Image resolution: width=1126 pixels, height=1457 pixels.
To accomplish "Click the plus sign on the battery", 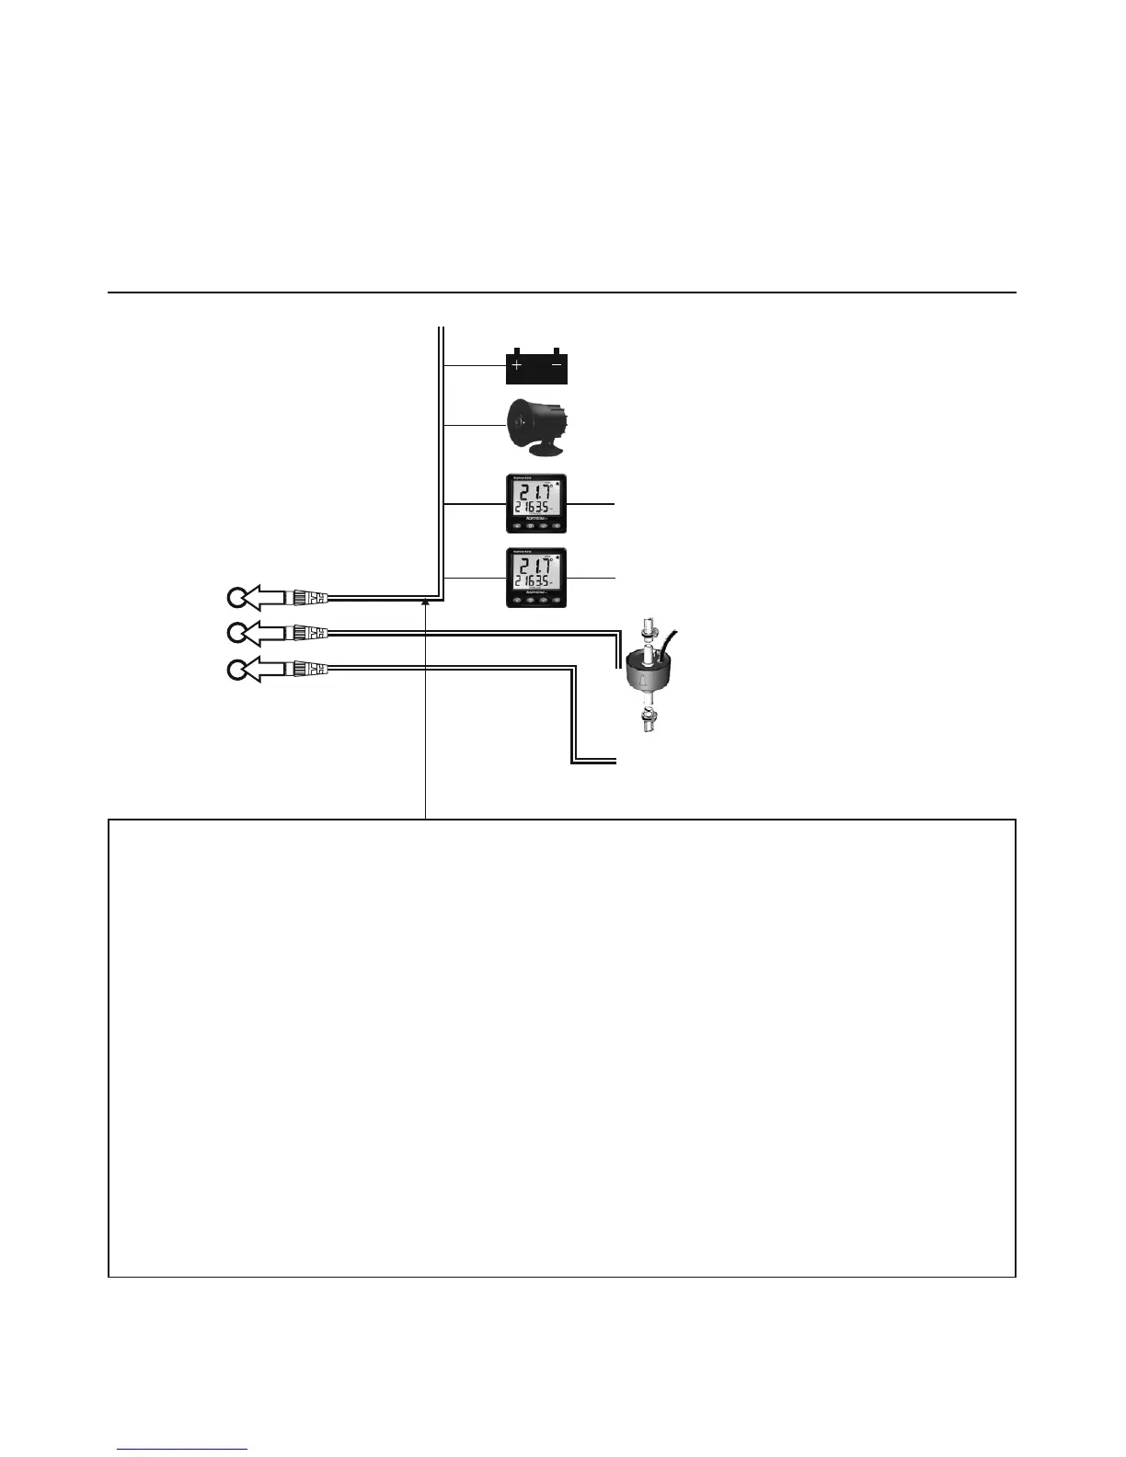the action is [517, 366].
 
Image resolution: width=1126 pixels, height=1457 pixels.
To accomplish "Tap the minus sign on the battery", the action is [557, 365].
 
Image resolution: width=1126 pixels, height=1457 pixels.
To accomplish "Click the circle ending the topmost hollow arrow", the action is [236, 598].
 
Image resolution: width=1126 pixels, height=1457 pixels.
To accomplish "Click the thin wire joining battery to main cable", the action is [475, 366].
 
